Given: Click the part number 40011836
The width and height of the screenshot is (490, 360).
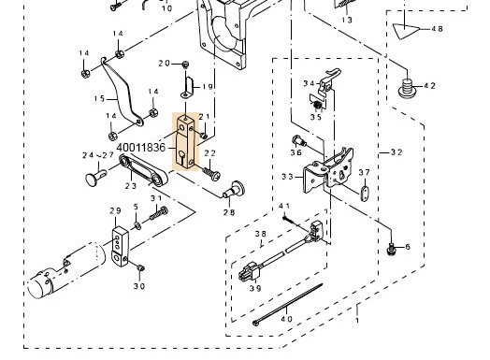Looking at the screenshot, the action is click(x=141, y=147).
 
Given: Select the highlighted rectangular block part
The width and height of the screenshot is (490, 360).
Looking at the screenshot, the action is click(x=186, y=142).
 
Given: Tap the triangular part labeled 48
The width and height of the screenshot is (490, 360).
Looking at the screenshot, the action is click(x=405, y=31).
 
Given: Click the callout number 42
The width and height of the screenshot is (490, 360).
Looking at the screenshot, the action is click(x=429, y=85).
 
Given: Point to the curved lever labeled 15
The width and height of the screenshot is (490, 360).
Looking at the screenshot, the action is click(x=122, y=94).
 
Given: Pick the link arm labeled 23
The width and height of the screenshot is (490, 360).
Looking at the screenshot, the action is click(x=143, y=170).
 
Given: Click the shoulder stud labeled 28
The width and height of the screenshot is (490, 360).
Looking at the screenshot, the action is click(x=234, y=190).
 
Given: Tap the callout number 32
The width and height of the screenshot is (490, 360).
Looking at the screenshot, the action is click(x=396, y=152).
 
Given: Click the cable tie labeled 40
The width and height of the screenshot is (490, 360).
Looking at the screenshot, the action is click(x=288, y=304).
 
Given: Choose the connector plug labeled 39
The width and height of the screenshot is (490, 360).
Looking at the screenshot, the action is click(x=250, y=272).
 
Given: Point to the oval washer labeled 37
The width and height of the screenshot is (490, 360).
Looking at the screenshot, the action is click(x=364, y=194).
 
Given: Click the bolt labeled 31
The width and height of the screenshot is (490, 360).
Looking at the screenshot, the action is click(x=159, y=213).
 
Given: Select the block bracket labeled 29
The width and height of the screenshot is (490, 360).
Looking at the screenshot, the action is click(x=120, y=247).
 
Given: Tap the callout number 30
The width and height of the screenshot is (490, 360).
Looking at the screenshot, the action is click(x=139, y=286).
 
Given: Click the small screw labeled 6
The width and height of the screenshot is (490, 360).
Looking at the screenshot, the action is click(x=391, y=249).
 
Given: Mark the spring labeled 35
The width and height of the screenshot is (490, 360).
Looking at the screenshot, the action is click(x=317, y=106).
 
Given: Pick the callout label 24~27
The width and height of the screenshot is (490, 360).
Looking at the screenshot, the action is click(x=98, y=155).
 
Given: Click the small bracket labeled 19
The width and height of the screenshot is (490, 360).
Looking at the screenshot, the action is click(x=188, y=87).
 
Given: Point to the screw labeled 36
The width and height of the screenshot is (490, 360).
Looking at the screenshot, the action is click(x=299, y=141).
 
